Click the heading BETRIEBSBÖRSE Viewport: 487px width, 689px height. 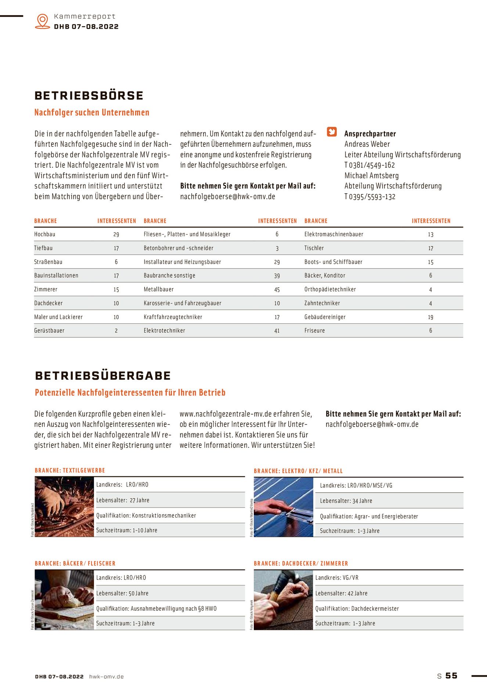pos(89,96)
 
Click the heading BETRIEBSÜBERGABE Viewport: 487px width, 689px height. pos(103,376)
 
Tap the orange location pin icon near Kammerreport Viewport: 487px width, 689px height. pos(43,21)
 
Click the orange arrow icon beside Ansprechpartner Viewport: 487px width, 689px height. pos(332,132)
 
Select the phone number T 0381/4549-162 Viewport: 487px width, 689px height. pos(369,165)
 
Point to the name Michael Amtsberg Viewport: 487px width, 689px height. pos(371,176)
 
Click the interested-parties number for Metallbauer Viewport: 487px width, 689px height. pos(277,290)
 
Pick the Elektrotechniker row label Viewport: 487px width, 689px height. pos(164,330)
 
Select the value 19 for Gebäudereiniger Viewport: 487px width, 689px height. pos(430,317)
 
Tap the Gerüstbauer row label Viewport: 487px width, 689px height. pos(49,330)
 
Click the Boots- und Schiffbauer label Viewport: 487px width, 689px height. pos(333,262)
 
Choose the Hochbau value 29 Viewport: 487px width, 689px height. pos(116,234)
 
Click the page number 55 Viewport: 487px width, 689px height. pos(451,675)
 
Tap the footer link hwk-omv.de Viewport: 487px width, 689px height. pos(106,677)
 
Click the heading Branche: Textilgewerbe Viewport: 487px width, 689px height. pos(70,470)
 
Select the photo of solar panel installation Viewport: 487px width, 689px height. pos(283,507)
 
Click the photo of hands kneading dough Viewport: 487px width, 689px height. pos(64,600)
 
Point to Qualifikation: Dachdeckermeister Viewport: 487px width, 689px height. pos(357,609)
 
